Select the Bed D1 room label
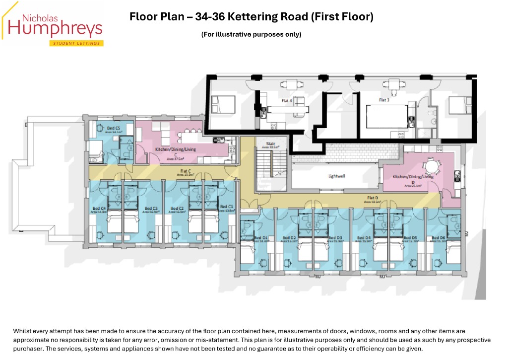(x=261, y=238)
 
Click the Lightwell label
(x=337, y=176)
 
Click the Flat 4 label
(x=286, y=101)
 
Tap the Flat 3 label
(x=383, y=100)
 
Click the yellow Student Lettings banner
(x=76, y=44)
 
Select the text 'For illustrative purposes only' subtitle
(x=251, y=34)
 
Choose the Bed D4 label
(x=364, y=238)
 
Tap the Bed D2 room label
(x=289, y=238)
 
